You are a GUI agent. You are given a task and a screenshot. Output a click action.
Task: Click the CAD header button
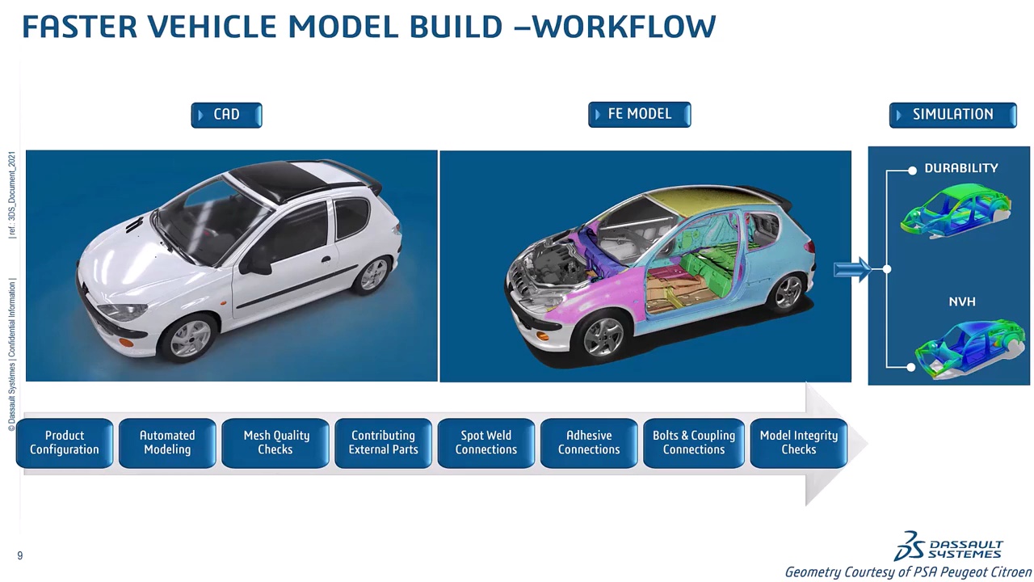pyautogui.click(x=226, y=115)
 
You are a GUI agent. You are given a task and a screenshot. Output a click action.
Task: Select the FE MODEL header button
pyautogui.click(x=639, y=114)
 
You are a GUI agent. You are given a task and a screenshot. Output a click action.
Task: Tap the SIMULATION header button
pyautogui.click(x=952, y=115)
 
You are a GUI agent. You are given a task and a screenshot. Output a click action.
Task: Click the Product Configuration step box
pyautogui.click(x=65, y=443)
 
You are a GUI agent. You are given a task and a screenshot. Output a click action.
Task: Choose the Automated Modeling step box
pyautogui.click(x=167, y=443)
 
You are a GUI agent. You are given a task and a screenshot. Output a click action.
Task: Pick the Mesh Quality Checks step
pyautogui.click(x=275, y=443)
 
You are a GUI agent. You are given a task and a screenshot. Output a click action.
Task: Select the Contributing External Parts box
pyautogui.click(x=383, y=443)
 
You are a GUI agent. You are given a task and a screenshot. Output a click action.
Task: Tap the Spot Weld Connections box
pyautogui.click(x=485, y=443)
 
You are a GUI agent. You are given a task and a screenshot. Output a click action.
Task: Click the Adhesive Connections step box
pyautogui.click(x=589, y=443)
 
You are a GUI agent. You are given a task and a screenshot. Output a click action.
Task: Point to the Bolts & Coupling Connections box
pyautogui.click(x=694, y=443)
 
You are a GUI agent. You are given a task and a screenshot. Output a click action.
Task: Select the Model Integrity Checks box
pyautogui.click(x=798, y=443)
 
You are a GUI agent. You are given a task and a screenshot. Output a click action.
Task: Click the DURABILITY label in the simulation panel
pyautogui.click(x=961, y=168)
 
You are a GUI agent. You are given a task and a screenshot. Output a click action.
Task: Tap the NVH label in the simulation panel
pyautogui.click(x=962, y=302)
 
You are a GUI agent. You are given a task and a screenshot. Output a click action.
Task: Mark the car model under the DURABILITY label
pyautogui.click(x=957, y=209)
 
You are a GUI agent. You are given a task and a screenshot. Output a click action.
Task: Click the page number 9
pyautogui.click(x=20, y=555)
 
